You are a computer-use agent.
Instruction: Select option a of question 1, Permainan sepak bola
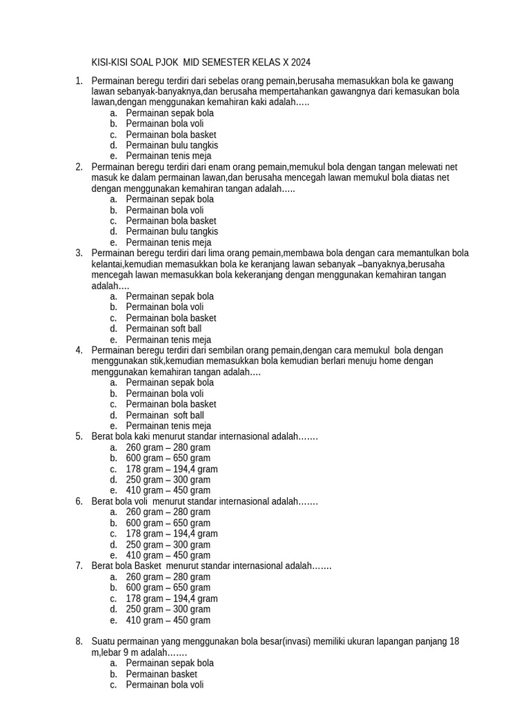point(170,113)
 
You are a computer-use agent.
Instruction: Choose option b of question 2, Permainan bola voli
point(165,210)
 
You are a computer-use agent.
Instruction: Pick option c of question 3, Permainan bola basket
point(171,318)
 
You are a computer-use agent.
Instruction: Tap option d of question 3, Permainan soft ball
point(164,329)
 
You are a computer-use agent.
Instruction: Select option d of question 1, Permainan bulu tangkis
point(172,146)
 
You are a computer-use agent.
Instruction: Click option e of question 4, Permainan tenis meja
point(168,426)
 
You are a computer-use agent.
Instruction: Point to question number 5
point(79,436)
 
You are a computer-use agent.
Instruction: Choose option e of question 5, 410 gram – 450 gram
point(168,490)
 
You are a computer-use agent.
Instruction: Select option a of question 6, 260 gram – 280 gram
point(168,512)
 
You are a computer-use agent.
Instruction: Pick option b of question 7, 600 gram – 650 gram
point(168,588)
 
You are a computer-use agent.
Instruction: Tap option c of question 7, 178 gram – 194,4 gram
point(172,599)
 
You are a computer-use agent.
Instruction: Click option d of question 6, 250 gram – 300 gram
point(168,544)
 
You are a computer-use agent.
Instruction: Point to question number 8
point(79,641)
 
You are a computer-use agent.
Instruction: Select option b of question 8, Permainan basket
point(161,674)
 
